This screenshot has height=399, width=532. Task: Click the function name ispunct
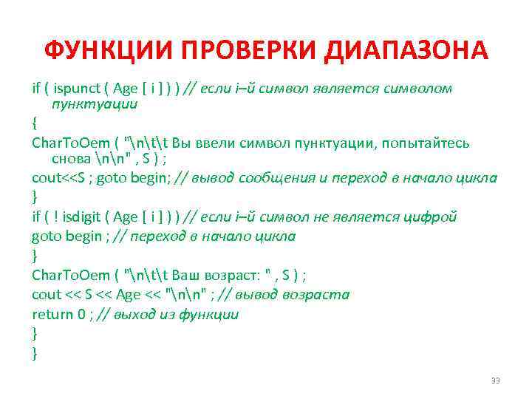tap(77, 89)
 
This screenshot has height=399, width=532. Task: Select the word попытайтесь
tap(428, 143)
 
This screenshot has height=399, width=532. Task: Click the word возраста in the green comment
tap(318, 295)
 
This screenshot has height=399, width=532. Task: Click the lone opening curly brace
tap(35, 122)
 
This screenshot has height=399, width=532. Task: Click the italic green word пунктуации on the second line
tap(95, 104)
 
